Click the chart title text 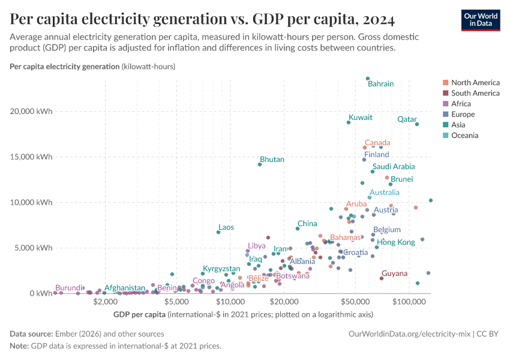click(x=202, y=20)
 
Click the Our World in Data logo click(x=480, y=20)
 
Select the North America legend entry click(x=475, y=82)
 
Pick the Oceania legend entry click(x=464, y=136)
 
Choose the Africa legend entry click(x=461, y=104)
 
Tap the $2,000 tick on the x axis click(x=104, y=302)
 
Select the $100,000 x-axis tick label click(x=410, y=302)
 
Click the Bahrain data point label click(x=380, y=84)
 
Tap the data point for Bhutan click(x=260, y=164)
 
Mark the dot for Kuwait click(x=348, y=122)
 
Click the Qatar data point click(x=417, y=124)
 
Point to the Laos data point click(x=218, y=232)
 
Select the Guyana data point click(x=382, y=278)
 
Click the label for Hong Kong click(x=395, y=242)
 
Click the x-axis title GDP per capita click(x=139, y=314)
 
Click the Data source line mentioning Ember click(x=87, y=334)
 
